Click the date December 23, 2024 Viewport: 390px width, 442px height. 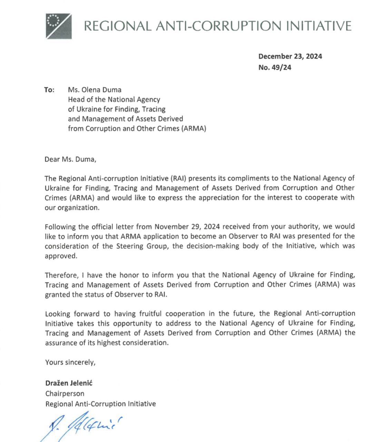[290, 57]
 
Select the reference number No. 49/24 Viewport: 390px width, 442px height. [275, 68]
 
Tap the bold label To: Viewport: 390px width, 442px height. [49, 90]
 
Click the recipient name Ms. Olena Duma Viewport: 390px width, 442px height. [95, 90]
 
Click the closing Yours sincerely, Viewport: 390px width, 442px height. [70, 362]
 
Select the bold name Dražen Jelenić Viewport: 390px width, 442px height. [69, 383]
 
